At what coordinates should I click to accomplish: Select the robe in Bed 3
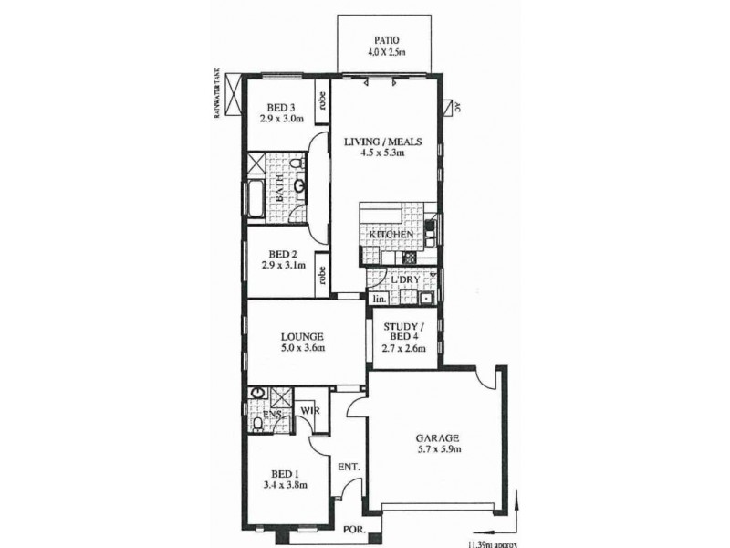click(322, 103)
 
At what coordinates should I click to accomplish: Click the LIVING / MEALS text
click(374, 142)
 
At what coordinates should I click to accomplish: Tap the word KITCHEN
click(391, 236)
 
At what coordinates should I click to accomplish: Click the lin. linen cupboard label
click(378, 299)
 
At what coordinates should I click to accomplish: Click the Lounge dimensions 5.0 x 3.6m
click(302, 348)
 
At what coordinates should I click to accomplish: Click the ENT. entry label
click(349, 468)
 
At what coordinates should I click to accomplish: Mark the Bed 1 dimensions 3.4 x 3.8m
click(285, 486)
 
